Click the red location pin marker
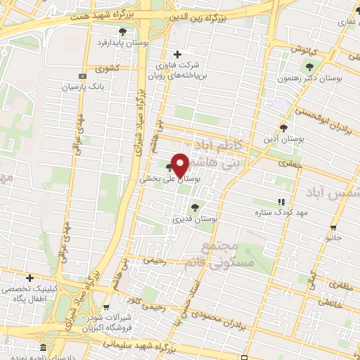click(180, 165)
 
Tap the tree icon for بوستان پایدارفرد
click(123, 32)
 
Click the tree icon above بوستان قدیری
click(195, 207)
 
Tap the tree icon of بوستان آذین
click(283, 127)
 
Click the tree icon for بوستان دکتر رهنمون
click(309, 67)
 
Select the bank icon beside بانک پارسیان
click(83, 76)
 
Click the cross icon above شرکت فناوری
click(178, 54)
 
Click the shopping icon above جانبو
click(333, 227)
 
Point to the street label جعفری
click(288, 162)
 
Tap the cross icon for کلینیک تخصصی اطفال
click(30, 278)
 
